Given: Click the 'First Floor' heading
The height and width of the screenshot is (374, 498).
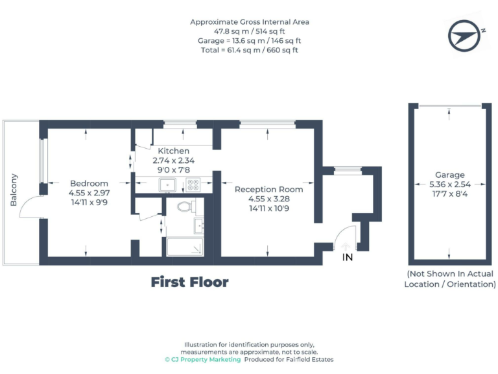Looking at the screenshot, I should tap(189, 282).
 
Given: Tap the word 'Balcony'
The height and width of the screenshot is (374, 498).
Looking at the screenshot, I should tap(14, 190).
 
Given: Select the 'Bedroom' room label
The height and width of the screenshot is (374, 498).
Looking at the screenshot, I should tap(89, 184).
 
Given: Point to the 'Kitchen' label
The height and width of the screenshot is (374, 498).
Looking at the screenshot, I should tap(173, 151).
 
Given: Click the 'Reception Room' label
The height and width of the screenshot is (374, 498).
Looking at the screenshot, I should tap(268, 190).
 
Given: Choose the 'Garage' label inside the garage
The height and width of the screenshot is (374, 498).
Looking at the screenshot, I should tap(449, 175).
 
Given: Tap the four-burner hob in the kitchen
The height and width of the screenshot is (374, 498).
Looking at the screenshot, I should tap(193, 185).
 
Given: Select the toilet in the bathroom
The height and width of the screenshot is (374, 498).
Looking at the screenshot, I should tap(184, 208).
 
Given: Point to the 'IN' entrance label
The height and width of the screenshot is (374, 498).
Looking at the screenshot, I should tap(348, 258).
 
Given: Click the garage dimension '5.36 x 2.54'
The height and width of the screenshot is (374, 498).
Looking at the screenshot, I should tap(449, 184).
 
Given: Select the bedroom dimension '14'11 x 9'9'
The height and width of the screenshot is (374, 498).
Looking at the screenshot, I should tap(89, 202).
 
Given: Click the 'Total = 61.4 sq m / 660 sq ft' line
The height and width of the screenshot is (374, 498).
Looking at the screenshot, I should tap(249, 49).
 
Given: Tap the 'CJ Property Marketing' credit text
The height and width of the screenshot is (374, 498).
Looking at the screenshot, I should tap(202, 359).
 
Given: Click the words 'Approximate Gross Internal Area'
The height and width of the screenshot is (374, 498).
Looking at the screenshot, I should tap(249, 21).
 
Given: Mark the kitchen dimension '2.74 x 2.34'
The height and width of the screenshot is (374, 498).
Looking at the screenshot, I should tap(173, 160).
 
